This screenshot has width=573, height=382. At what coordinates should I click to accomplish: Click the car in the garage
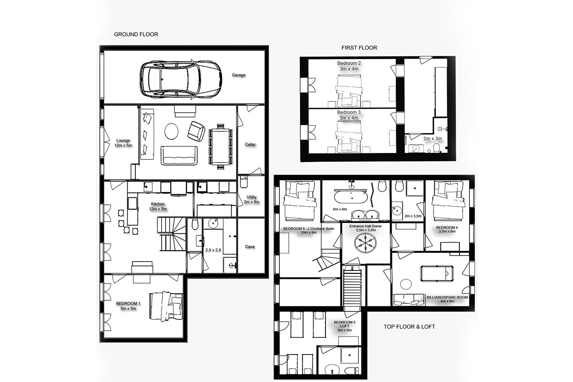click(181, 79)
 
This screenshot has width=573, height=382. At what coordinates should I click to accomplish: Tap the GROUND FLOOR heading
click(136, 34)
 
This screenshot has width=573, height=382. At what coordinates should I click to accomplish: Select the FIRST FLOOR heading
click(359, 48)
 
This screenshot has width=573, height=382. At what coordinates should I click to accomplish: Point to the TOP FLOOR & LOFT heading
click(409, 327)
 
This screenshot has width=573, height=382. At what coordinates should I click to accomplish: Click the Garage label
click(238, 75)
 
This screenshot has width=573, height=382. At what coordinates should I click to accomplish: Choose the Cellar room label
click(250, 144)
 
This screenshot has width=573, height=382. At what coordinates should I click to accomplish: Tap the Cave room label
click(250, 246)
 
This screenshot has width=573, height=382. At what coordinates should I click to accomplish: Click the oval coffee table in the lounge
click(172, 131)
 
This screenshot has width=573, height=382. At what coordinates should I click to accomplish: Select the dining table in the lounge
click(220, 147)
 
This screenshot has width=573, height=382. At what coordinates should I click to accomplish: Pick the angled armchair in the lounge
click(196, 131)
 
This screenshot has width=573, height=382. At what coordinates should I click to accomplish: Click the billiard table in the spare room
click(437, 273)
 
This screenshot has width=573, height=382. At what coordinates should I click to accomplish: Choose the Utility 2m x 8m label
click(251, 199)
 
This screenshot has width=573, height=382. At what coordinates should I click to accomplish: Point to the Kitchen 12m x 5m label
click(158, 206)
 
